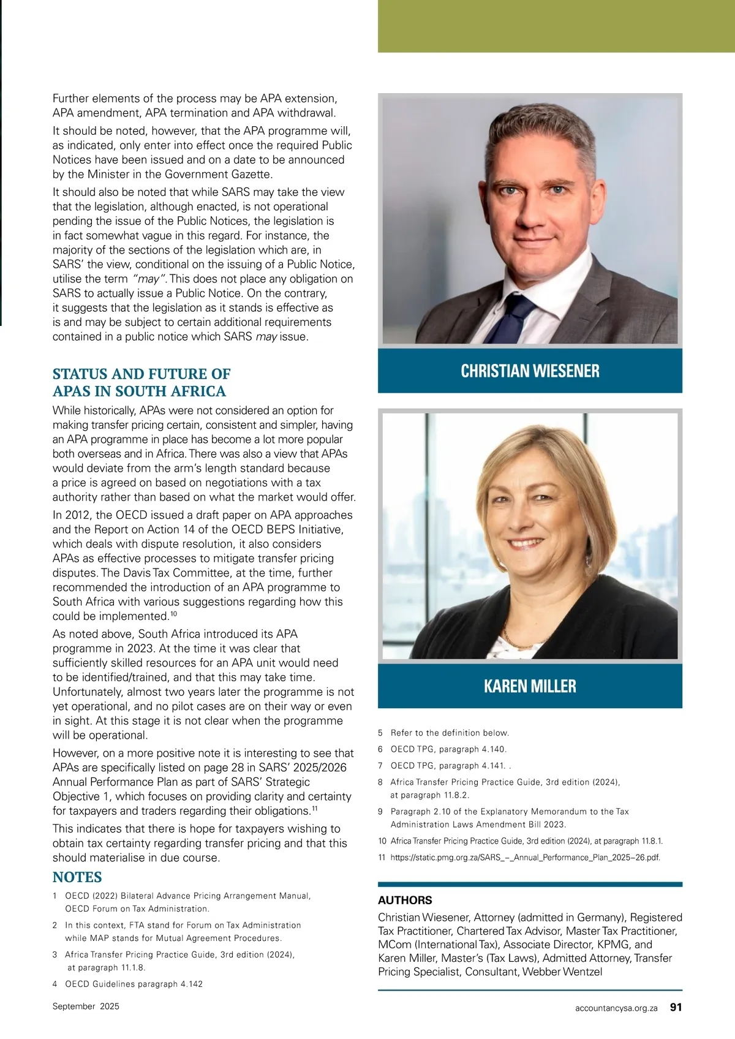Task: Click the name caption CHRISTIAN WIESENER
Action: click(x=530, y=371)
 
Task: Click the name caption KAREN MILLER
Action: click(x=530, y=686)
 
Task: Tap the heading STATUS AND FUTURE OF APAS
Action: click(x=141, y=382)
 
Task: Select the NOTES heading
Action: click(x=77, y=877)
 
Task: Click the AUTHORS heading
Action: click(x=405, y=900)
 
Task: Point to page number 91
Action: click(x=676, y=1007)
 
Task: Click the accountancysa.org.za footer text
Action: click(x=616, y=1007)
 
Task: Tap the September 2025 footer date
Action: click(x=86, y=1006)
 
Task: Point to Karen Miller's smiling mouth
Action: click(x=527, y=543)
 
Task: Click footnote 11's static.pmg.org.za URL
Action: click(x=525, y=858)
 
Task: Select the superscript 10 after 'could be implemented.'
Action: click(x=174, y=613)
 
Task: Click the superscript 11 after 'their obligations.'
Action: click(x=314, y=808)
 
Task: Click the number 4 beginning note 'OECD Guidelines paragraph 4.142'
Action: click(x=55, y=984)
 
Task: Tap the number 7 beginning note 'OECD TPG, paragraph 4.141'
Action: click(x=380, y=766)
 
